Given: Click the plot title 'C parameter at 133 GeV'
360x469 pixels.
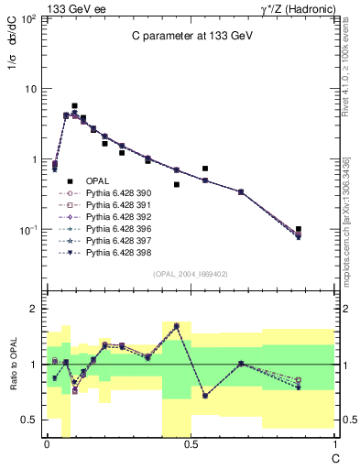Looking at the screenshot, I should pos(190,36).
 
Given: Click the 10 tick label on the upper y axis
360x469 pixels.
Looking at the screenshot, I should pos(30,89).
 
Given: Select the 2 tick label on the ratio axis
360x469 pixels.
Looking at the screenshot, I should pos(32,309).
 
